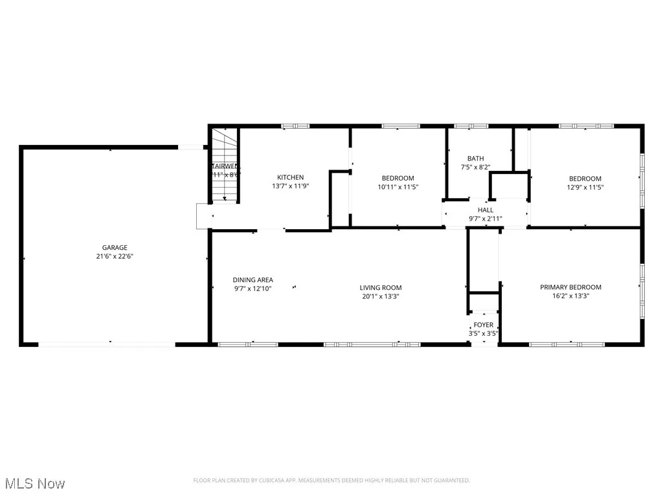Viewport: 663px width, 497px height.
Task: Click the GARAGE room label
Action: (x=114, y=247)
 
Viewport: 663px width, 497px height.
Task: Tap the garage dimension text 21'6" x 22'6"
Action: (x=114, y=256)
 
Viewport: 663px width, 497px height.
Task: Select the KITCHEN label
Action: (x=290, y=177)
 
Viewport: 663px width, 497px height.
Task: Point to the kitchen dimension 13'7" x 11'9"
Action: (x=290, y=187)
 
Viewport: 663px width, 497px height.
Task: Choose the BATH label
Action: (x=475, y=159)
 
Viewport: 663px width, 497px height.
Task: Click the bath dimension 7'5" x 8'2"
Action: (x=475, y=168)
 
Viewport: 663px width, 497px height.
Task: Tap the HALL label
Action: (x=485, y=210)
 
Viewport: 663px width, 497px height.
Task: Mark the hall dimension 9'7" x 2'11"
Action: (x=485, y=219)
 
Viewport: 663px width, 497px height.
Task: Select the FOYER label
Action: (x=483, y=325)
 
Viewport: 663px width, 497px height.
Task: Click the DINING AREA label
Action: (x=253, y=280)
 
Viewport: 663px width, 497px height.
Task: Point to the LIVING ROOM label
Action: (x=381, y=288)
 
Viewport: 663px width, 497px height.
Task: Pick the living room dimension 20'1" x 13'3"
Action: (x=381, y=297)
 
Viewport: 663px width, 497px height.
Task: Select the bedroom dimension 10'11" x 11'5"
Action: (x=398, y=188)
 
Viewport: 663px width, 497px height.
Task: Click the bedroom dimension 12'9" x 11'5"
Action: (x=585, y=188)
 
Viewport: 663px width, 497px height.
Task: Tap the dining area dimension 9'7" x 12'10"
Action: (x=253, y=289)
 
